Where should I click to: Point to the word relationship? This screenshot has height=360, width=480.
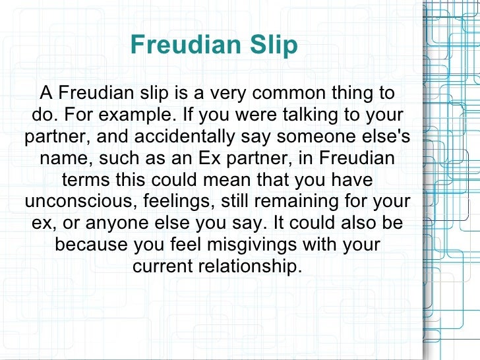tap(249, 267)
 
